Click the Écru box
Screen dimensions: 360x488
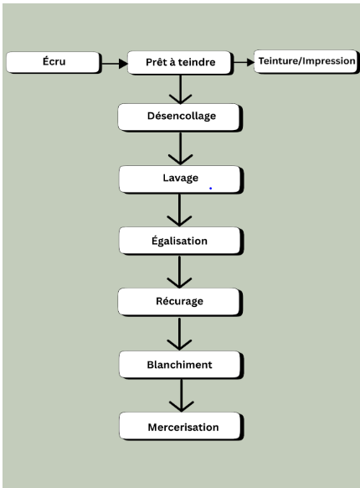coord(54,63)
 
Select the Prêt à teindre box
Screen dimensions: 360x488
coord(180,63)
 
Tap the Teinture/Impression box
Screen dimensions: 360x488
coord(306,61)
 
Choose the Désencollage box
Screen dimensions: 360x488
coord(180,117)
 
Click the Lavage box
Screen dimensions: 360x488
coord(181,179)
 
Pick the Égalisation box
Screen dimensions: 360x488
coord(181,241)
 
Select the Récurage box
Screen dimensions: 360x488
coord(180,302)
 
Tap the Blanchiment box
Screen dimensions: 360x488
coord(181,365)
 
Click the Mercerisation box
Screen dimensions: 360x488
coord(181,426)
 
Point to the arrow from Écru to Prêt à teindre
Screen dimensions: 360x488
coord(115,64)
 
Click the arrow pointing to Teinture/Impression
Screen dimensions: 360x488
coord(244,62)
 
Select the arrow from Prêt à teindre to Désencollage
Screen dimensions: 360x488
coord(180,90)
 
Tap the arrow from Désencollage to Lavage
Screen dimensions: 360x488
coord(180,148)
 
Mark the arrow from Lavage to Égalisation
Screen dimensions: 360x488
coord(179,210)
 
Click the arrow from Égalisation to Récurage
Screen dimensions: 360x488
coord(179,272)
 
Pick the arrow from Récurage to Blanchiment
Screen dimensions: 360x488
coord(179,334)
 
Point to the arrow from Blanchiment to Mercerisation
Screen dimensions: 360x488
coord(182,395)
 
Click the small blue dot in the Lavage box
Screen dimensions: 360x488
coord(210,189)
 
